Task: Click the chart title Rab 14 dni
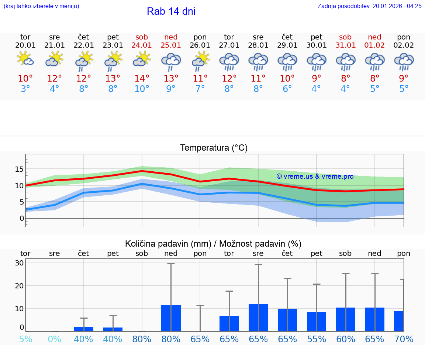tap(171, 11)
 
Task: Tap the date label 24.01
tap(142, 45)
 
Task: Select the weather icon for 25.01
tap(171, 62)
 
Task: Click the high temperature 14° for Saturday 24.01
tap(142, 78)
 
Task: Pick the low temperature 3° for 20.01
tap(25, 89)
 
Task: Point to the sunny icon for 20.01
tap(25, 59)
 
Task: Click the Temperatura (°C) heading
tap(214, 148)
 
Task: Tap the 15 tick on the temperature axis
tap(19, 169)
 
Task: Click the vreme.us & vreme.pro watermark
tap(315, 176)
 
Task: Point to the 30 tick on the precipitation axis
tap(19, 263)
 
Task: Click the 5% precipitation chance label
tap(25, 339)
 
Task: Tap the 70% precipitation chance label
tap(404, 339)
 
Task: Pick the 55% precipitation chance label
tap(317, 339)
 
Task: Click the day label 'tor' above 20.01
tap(25, 37)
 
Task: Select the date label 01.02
tap(375, 45)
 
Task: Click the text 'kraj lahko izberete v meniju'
tap(41, 6)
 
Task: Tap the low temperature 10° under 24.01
tap(142, 89)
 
